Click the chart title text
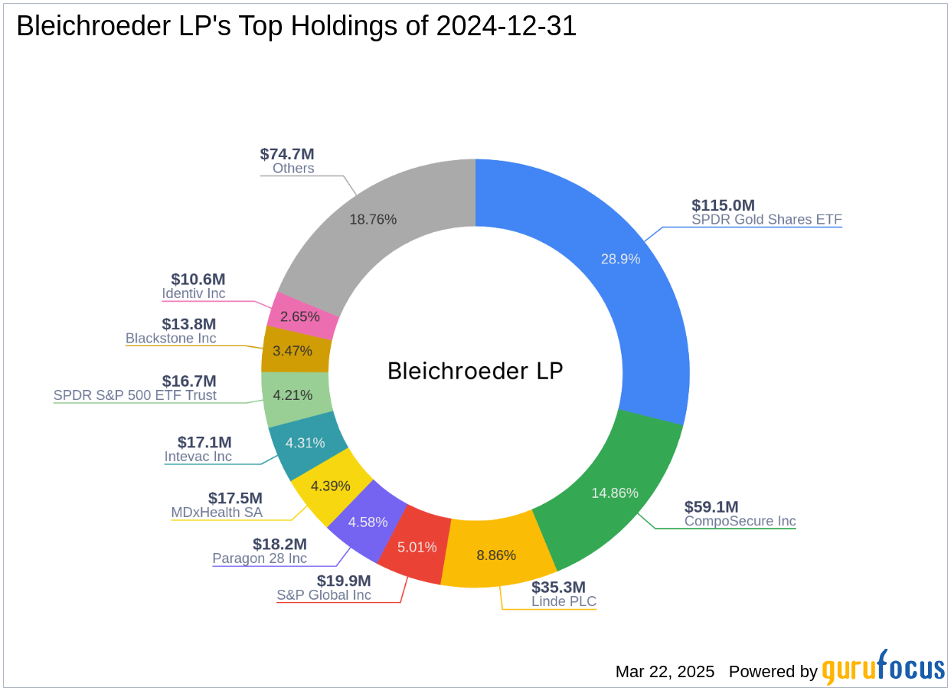pyautogui.click(x=296, y=27)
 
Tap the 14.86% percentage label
pyautogui.click(x=614, y=493)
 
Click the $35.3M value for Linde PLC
pyautogui.click(x=558, y=587)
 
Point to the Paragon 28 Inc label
pyautogui.click(x=260, y=558)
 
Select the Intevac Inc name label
pyautogui.click(x=198, y=457)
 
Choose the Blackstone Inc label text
pyautogui.click(x=171, y=338)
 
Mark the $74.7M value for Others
pyautogui.click(x=287, y=154)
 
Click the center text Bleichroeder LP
pyautogui.click(x=475, y=371)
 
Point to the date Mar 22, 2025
pyautogui.click(x=665, y=672)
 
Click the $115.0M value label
pyautogui.click(x=723, y=205)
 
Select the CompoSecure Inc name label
pyautogui.click(x=740, y=521)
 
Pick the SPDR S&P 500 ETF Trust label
pyautogui.click(x=135, y=395)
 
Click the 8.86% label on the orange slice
pyautogui.click(x=496, y=555)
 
